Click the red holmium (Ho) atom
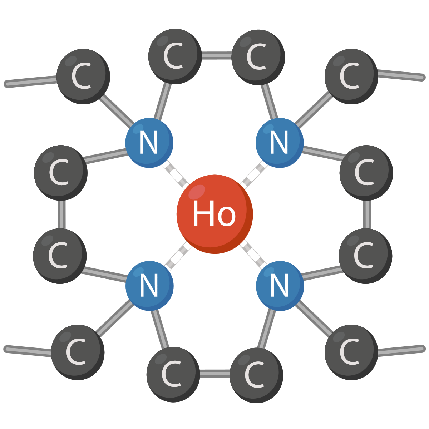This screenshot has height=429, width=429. pyautogui.click(x=214, y=214)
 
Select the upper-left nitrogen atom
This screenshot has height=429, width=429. pyautogui.click(x=149, y=143)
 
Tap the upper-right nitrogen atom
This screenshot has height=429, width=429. pyautogui.click(x=280, y=143)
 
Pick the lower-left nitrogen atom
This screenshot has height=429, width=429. pyautogui.click(x=149, y=286)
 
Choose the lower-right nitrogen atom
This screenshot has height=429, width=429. pyautogui.click(x=280, y=286)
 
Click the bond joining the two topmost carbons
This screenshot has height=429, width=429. pyautogui.click(x=216, y=56)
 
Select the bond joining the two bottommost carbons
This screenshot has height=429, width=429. pyautogui.click(x=214, y=374)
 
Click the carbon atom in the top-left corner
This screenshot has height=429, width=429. pyautogui.click(x=83, y=76)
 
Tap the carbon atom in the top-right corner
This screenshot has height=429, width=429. pyautogui.click(x=351, y=76)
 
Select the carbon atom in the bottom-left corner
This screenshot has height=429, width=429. pyautogui.click(x=78, y=352)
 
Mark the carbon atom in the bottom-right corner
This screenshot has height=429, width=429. pyautogui.click(x=351, y=352)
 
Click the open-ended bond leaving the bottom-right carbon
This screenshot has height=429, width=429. pyautogui.click(x=400, y=350)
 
